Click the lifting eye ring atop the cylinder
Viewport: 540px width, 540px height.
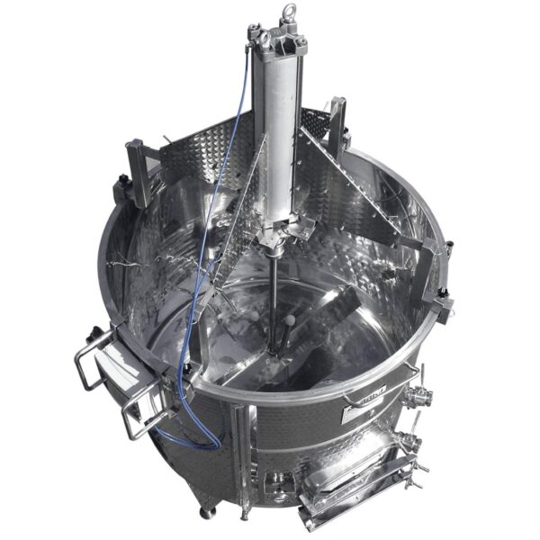coord(290,13)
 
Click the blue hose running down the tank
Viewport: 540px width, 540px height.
coord(184,360)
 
